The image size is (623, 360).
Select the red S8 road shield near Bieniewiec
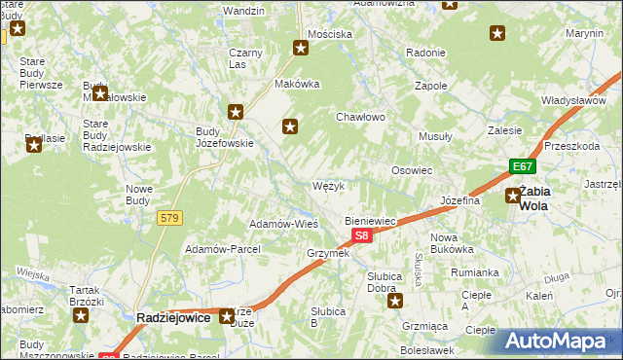pyautogui.click(x=361, y=235)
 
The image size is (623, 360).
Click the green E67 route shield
pyautogui.click(x=522, y=166)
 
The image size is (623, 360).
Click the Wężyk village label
pyautogui.click(x=328, y=185)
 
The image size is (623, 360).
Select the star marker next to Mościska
pyautogui.click(x=302, y=47)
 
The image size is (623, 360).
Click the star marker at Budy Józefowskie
pyautogui.click(x=234, y=113)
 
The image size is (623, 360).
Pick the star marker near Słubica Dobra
pyautogui.click(x=395, y=301)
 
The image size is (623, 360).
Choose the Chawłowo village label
pyautogui.click(x=361, y=117)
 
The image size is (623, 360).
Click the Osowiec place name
pyautogui.click(x=411, y=169)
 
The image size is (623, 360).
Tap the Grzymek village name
pyautogui.click(x=328, y=253)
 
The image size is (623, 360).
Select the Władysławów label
pyautogui.click(x=573, y=100)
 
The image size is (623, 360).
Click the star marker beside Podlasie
pyautogui.click(x=34, y=146)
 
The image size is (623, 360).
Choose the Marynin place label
pyautogui.click(x=585, y=33)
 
